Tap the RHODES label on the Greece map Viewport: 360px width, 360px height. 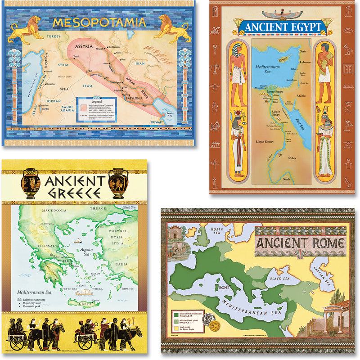click(129, 288)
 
